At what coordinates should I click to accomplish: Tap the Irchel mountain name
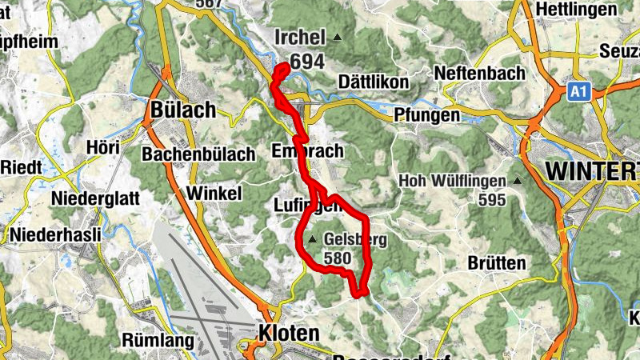tap(299, 38)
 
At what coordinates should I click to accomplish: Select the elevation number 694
tap(308, 62)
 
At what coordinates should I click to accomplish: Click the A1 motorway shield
tap(578, 93)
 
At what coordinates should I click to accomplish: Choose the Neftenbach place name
tap(480, 73)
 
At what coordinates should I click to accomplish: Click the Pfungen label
tap(428, 115)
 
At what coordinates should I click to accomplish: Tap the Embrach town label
tap(306, 151)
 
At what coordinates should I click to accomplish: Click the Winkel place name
tap(214, 193)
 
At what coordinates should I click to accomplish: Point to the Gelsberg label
tap(355, 238)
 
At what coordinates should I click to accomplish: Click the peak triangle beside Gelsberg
tap(312, 238)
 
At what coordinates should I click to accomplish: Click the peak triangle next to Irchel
tap(338, 37)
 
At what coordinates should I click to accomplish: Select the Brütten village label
tap(498, 262)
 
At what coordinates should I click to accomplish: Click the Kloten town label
tap(289, 332)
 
